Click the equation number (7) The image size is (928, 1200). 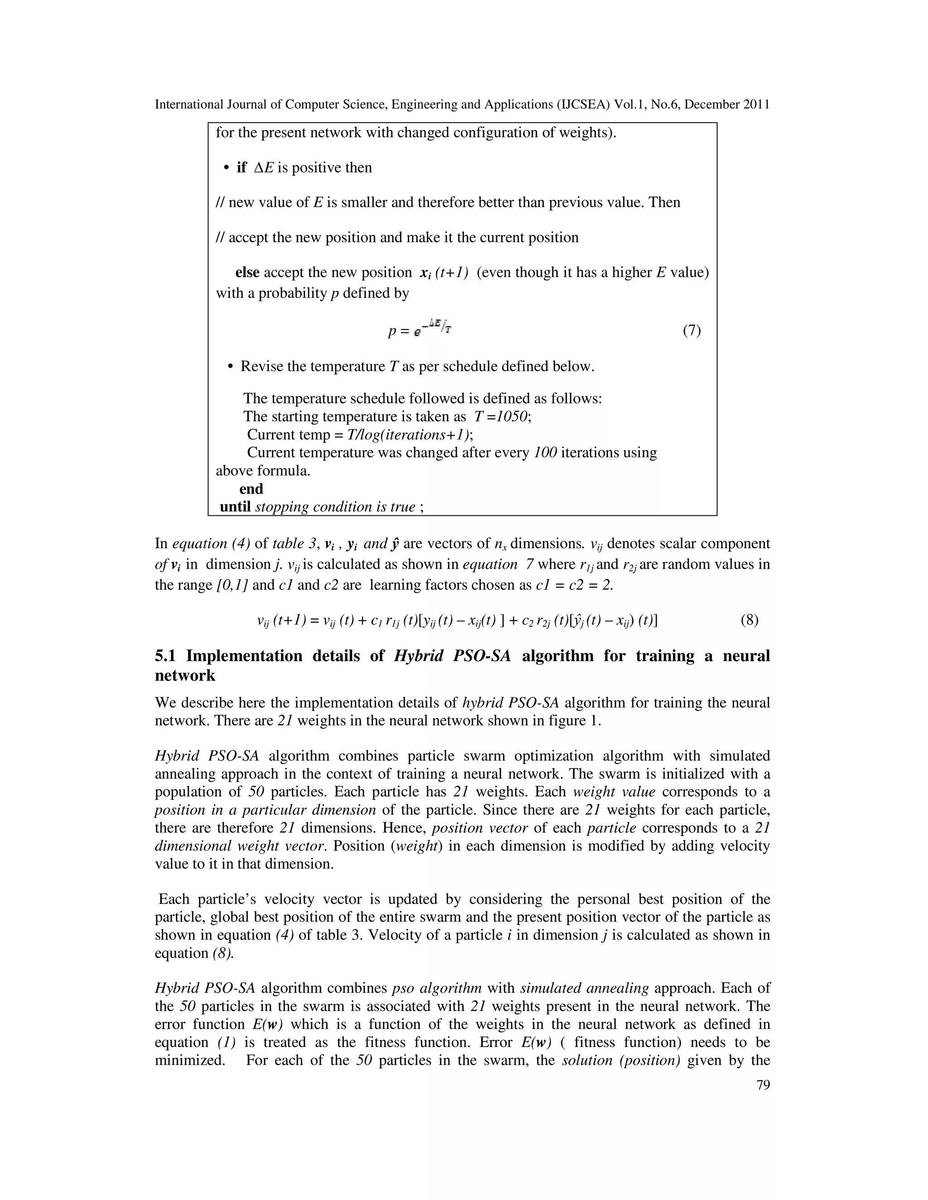click(x=691, y=330)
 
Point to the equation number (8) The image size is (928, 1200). click(x=749, y=620)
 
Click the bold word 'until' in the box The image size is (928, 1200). click(x=235, y=507)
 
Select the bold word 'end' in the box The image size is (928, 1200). click(x=251, y=489)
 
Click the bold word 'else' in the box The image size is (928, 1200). click(x=247, y=273)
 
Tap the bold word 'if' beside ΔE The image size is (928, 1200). click(x=242, y=168)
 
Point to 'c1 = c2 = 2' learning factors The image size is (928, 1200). click(x=573, y=585)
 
